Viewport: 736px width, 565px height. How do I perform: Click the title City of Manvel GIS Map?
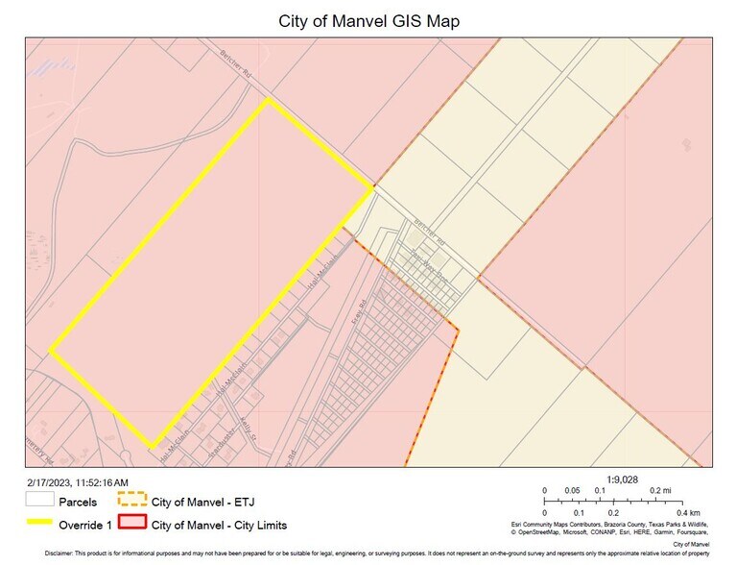coord(368,20)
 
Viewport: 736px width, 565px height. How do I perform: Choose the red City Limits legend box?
coord(131,525)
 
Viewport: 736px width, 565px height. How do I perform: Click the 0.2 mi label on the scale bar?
coord(659,489)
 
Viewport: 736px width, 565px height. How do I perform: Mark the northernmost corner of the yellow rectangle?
coord(266,99)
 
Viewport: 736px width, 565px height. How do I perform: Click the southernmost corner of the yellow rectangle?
coord(152,448)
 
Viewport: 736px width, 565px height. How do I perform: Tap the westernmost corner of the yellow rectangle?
coord(49,350)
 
